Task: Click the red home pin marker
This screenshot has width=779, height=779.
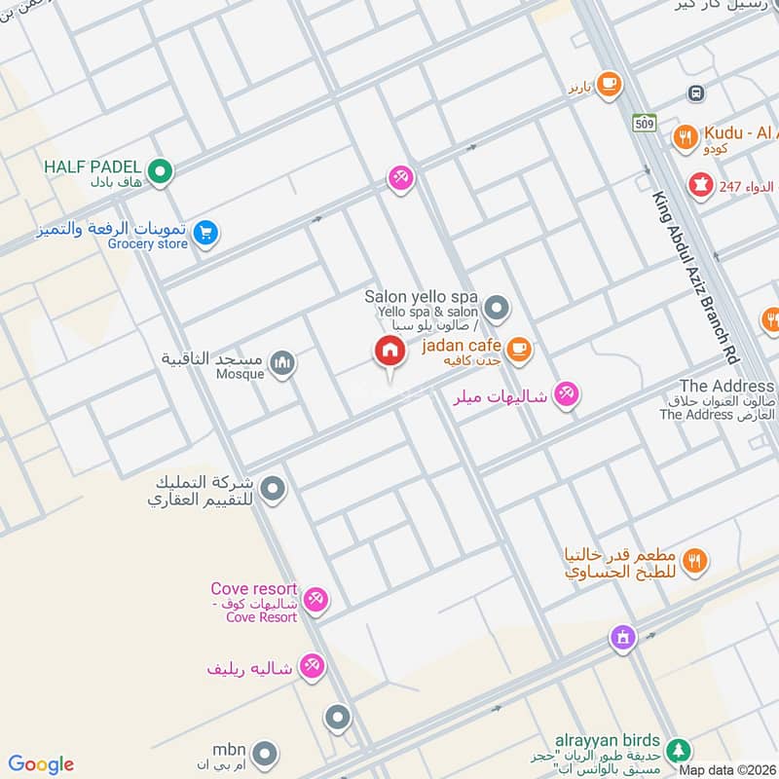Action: click(389, 352)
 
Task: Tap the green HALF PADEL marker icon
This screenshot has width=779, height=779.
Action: click(162, 172)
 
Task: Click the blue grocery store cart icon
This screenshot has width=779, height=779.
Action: click(204, 232)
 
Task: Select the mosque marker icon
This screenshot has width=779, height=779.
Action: click(282, 364)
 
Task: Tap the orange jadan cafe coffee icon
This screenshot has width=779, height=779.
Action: click(519, 348)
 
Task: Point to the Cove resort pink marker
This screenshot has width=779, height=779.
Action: click(315, 599)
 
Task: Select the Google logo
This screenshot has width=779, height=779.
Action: click(41, 764)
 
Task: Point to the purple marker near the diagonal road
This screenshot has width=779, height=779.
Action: click(622, 638)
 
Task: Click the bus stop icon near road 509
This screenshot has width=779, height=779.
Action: click(695, 93)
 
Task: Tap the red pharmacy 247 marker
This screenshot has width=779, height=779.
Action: click(699, 182)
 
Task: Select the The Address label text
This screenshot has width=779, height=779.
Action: click(726, 387)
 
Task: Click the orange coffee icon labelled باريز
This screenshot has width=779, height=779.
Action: click(610, 85)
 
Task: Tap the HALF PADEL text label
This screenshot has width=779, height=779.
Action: click(93, 167)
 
